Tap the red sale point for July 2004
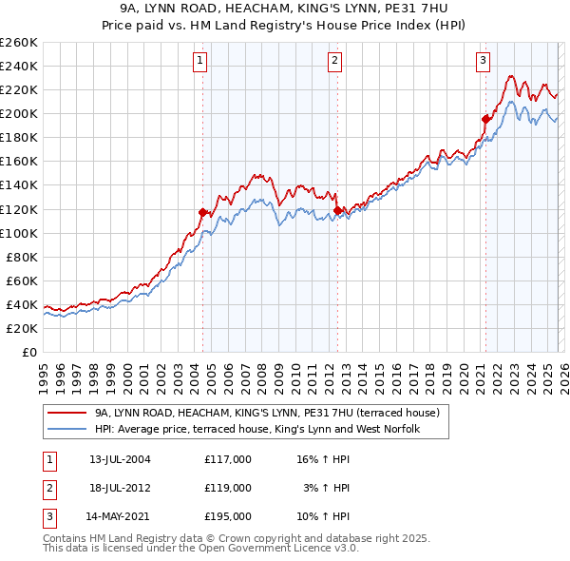click(x=202, y=212)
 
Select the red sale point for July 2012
click(x=337, y=210)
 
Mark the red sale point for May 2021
click(x=485, y=119)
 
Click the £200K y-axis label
click(x=19, y=113)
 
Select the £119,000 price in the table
click(x=228, y=488)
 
